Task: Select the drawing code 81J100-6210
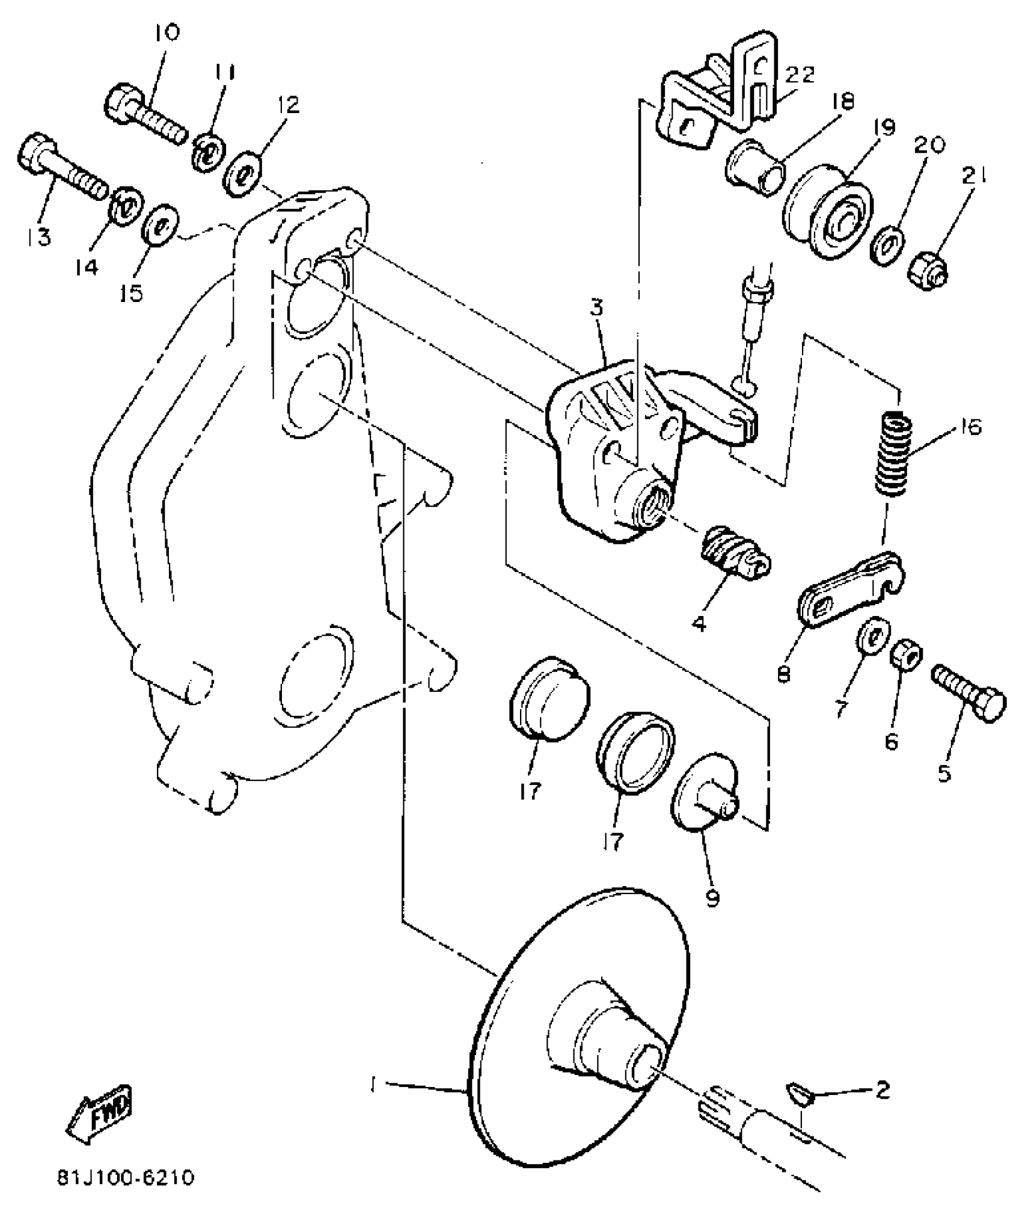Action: tap(126, 1177)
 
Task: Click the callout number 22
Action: tap(800, 76)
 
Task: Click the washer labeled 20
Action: tap(886, 243)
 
